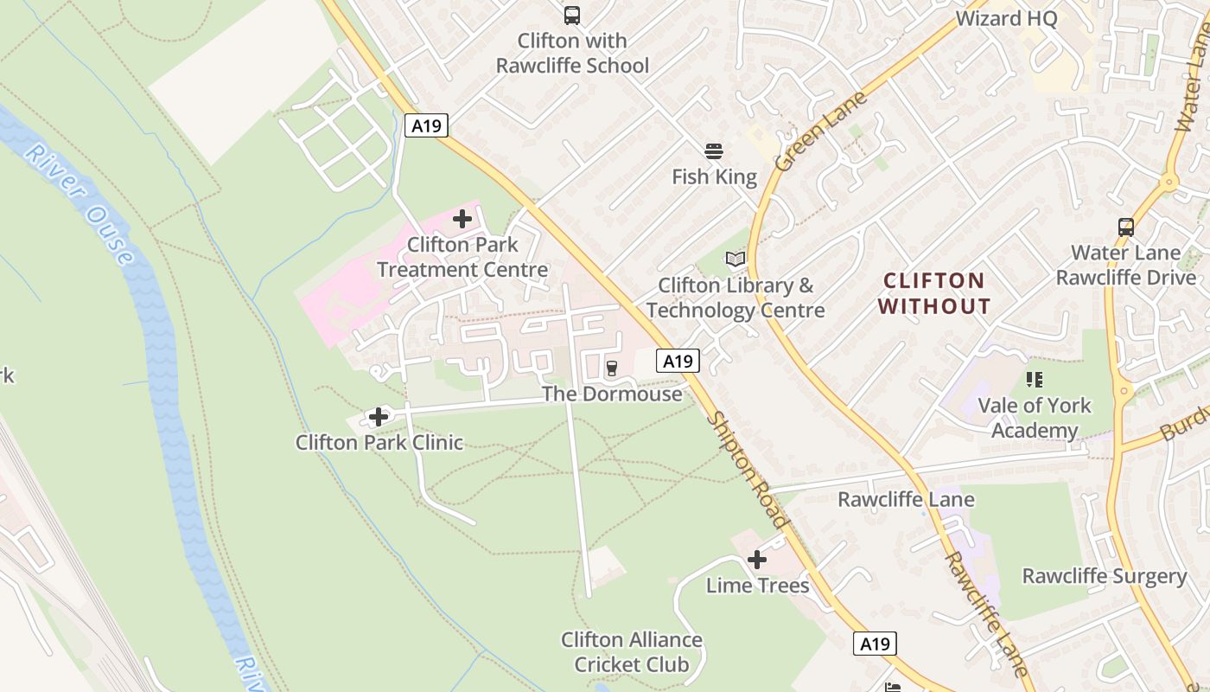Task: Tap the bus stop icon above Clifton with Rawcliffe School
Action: point(572,15)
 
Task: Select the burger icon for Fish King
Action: point(714,151)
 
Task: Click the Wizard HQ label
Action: point(1006,18)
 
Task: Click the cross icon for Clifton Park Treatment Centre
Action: point(462,218)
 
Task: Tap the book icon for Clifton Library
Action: point(736,259)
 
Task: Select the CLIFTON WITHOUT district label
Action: point(934,293)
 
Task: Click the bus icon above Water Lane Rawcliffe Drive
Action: point(1126,227)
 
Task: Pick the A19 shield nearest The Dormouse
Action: point(678,361)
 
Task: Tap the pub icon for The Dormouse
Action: point(612,368)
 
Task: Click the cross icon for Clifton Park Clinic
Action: point(378,417)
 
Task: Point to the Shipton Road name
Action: point(748,469)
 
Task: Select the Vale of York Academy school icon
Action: point(1035,379)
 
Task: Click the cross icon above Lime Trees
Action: point(757,560)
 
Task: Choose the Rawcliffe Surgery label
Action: point(1104,576)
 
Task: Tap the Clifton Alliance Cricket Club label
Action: point(632,652)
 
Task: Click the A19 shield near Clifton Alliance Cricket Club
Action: point(875,644)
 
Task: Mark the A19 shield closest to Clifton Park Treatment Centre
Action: point(426,125)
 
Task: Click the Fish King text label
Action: point(714,177)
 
